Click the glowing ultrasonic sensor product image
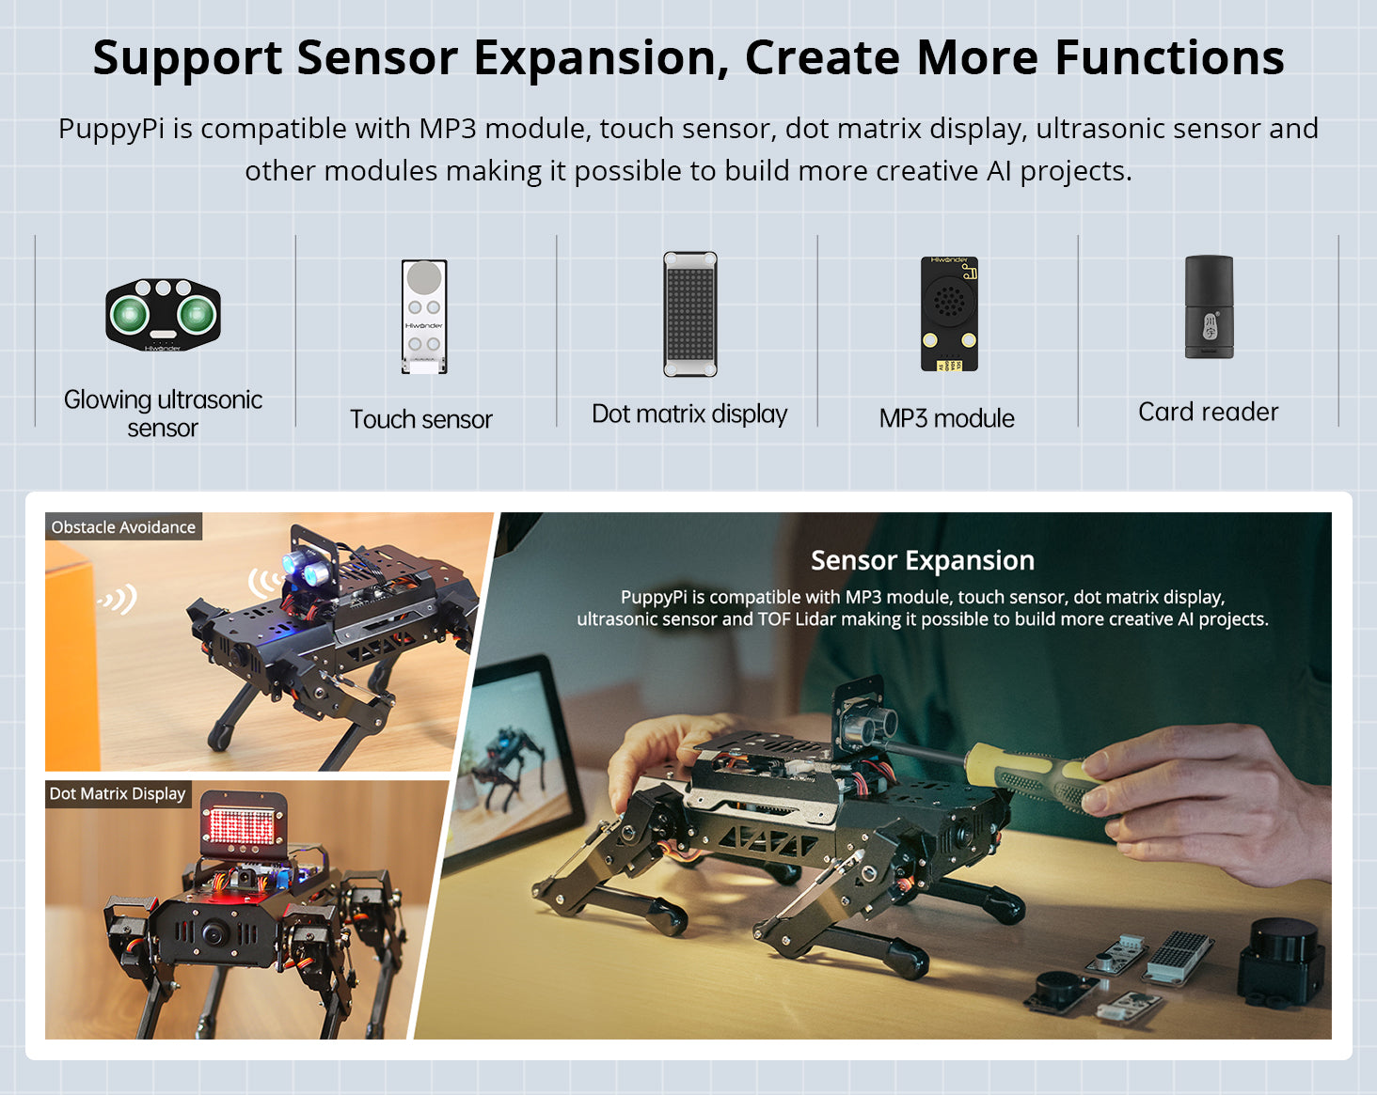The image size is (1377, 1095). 163,314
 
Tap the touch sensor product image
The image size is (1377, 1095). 423,317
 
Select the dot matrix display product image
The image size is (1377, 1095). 689,314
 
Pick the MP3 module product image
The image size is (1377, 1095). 949,313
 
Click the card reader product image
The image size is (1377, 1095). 1209,307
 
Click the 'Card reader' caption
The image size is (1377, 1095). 1208,412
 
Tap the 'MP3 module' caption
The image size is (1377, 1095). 946,418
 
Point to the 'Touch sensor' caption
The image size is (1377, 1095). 421,419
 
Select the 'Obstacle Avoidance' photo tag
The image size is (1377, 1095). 123,527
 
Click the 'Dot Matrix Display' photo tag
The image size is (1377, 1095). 118,793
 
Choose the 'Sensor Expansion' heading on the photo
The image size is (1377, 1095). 922,560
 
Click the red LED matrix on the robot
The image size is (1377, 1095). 243,826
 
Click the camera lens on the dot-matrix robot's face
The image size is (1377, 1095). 214,934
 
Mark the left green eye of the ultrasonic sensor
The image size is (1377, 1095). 130,314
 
